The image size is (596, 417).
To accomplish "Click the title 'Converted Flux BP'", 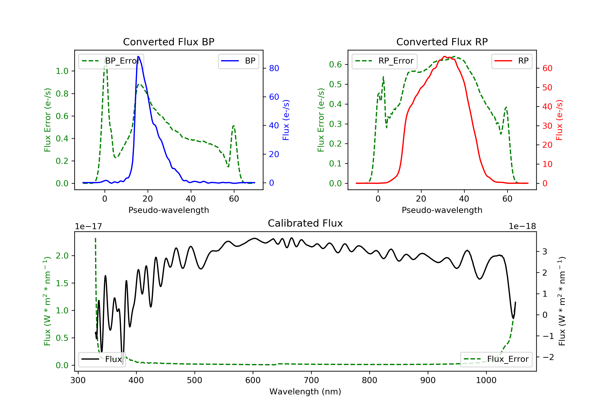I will [168, 42].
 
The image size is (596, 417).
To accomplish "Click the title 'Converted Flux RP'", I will [442, 42].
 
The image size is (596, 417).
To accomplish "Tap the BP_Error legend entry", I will [111, 61].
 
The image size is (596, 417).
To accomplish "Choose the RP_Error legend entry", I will [384, 61].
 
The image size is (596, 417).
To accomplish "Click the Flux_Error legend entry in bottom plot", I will [496, 359].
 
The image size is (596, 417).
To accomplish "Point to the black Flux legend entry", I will [102, 359].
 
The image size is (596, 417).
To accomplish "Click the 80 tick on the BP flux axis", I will [274, 68].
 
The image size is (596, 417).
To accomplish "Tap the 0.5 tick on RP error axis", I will [335, 84].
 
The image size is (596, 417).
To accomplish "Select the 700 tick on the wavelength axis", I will [311, 380].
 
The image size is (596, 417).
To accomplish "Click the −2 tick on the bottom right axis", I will [548, 357].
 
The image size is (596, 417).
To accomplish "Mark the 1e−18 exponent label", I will [522, 226].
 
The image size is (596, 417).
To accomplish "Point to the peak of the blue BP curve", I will [138, 56].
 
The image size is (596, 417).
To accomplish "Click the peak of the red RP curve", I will [444, 56].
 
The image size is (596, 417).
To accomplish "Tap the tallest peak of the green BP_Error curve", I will [105, 57].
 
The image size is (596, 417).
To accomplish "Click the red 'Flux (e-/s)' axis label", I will [559, 120].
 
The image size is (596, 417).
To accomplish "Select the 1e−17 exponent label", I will [88, 226].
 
